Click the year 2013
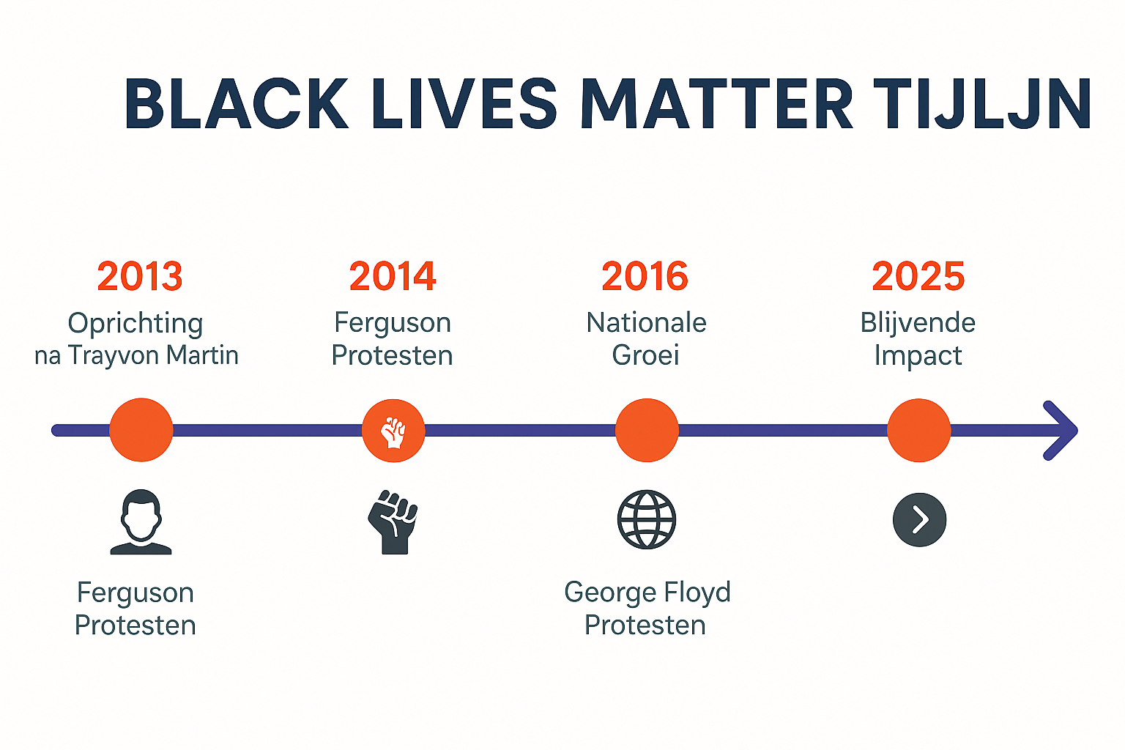tap(140, 276)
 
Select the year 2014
tap(393, 276)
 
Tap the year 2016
tap(645, 276)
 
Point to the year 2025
tap(918, 276)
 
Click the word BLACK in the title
tap(237, 104)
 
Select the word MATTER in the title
tap(716, 104)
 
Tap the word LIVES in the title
tap(464, 104)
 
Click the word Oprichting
tap(135, 323)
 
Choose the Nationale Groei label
tap(646, 338)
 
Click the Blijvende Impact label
tap(918, 338)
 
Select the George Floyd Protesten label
tap(647, 608)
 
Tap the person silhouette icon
tap(141, 521)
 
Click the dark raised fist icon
tap(393, 521)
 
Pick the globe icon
tap(647, 520)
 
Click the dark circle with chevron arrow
tap(919, 520)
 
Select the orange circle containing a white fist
tap(393, 431)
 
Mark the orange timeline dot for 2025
tap(918, 431)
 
